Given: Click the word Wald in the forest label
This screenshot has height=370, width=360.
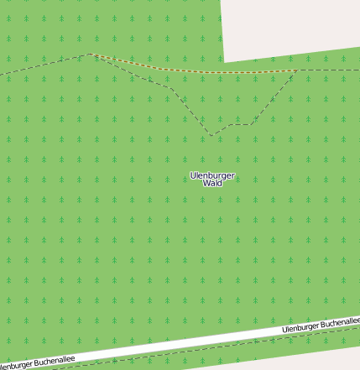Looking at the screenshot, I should point(212,182).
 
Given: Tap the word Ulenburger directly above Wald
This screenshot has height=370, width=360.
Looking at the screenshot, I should point(212,175).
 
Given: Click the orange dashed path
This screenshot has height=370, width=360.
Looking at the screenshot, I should point(193,70).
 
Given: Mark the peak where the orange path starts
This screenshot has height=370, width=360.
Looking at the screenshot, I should point(91,55).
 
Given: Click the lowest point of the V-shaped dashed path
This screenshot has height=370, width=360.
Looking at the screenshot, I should point(211,134).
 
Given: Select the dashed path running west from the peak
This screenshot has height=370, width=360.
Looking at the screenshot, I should point(42,65).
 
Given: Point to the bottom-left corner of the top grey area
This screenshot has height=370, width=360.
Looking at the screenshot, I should point(225,61).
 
